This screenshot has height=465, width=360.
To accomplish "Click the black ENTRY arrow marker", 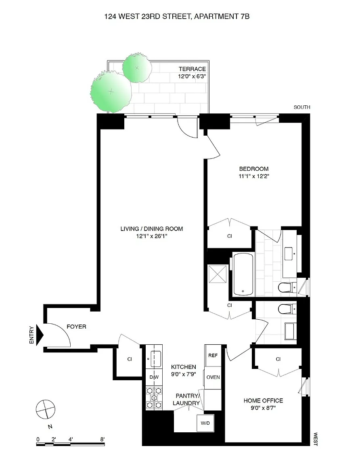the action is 40,335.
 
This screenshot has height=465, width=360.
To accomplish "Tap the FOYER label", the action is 76,327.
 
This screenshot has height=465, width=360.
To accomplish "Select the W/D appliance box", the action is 205,423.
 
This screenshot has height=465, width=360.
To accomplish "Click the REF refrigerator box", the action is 213,355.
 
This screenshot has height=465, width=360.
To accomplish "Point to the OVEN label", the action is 213,377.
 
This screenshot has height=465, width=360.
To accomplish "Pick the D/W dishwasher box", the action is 154,377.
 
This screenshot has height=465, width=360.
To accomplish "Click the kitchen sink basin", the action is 155,358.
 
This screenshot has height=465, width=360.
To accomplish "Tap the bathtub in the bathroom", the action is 243,274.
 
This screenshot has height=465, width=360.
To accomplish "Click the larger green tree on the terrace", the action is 111,92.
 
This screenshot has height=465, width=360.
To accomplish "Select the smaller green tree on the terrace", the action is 137,68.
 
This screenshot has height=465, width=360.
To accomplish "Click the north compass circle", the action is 45,409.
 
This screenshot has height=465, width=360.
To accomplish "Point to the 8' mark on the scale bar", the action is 102,440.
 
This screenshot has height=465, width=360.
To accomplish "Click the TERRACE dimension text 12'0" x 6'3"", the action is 192,76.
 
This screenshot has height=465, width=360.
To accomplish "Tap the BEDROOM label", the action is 254,169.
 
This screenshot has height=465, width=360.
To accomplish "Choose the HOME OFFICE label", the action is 263,401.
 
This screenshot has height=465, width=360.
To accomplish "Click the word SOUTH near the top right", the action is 302,107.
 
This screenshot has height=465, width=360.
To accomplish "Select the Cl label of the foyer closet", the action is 130,359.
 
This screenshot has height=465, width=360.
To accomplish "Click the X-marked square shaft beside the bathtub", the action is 218,274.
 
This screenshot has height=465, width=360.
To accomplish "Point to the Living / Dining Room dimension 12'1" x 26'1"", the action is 151,236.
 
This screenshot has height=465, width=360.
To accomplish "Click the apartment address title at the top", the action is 177,17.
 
